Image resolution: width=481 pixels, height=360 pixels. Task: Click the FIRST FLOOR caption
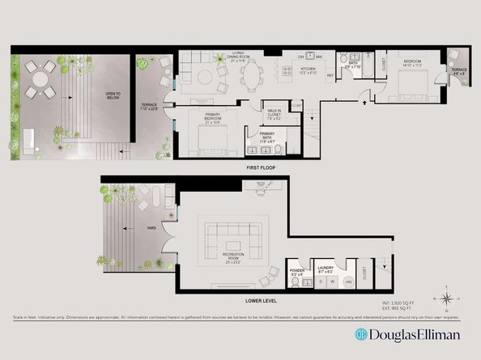coord(262,167)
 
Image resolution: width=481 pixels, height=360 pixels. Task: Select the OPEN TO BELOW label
coord(113,95)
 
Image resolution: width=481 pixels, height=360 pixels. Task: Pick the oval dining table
coord(253,78)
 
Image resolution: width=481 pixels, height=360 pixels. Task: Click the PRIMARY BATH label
coord(266,136)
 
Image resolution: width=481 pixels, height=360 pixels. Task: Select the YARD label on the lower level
coord(127,228)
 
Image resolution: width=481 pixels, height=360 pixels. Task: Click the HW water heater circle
coord(348,282)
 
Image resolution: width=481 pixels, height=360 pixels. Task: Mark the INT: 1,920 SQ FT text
coord(398,303)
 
